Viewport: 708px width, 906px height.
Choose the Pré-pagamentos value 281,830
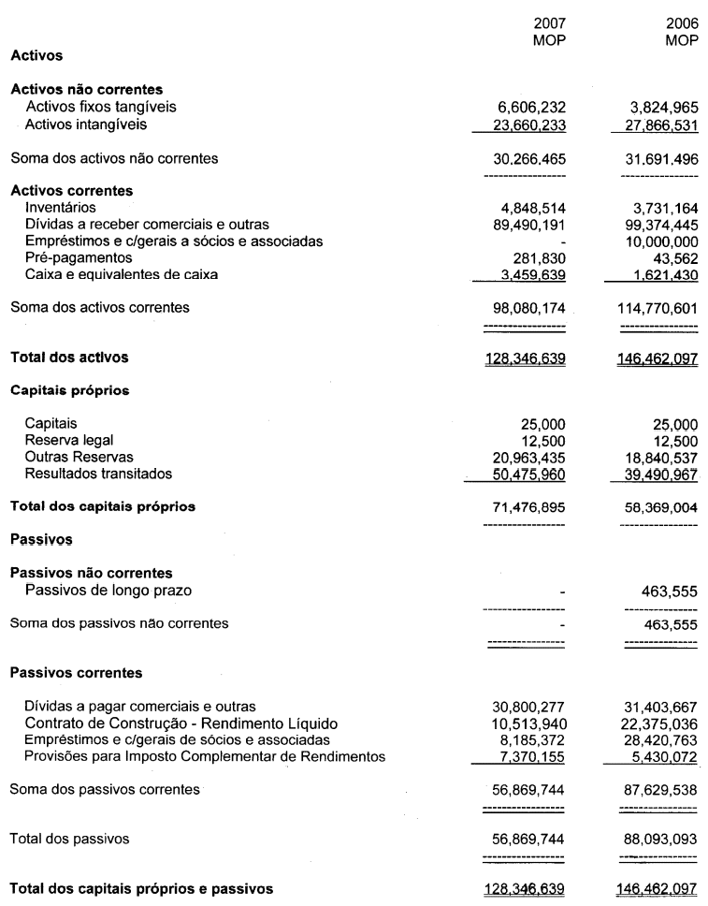pyautogui.click(x=543, y=256)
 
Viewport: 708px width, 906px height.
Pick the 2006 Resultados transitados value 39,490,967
pyautogui.click(x=662, y=473)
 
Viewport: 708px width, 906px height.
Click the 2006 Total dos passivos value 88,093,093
pyautogui.click(x=662, y=840)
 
